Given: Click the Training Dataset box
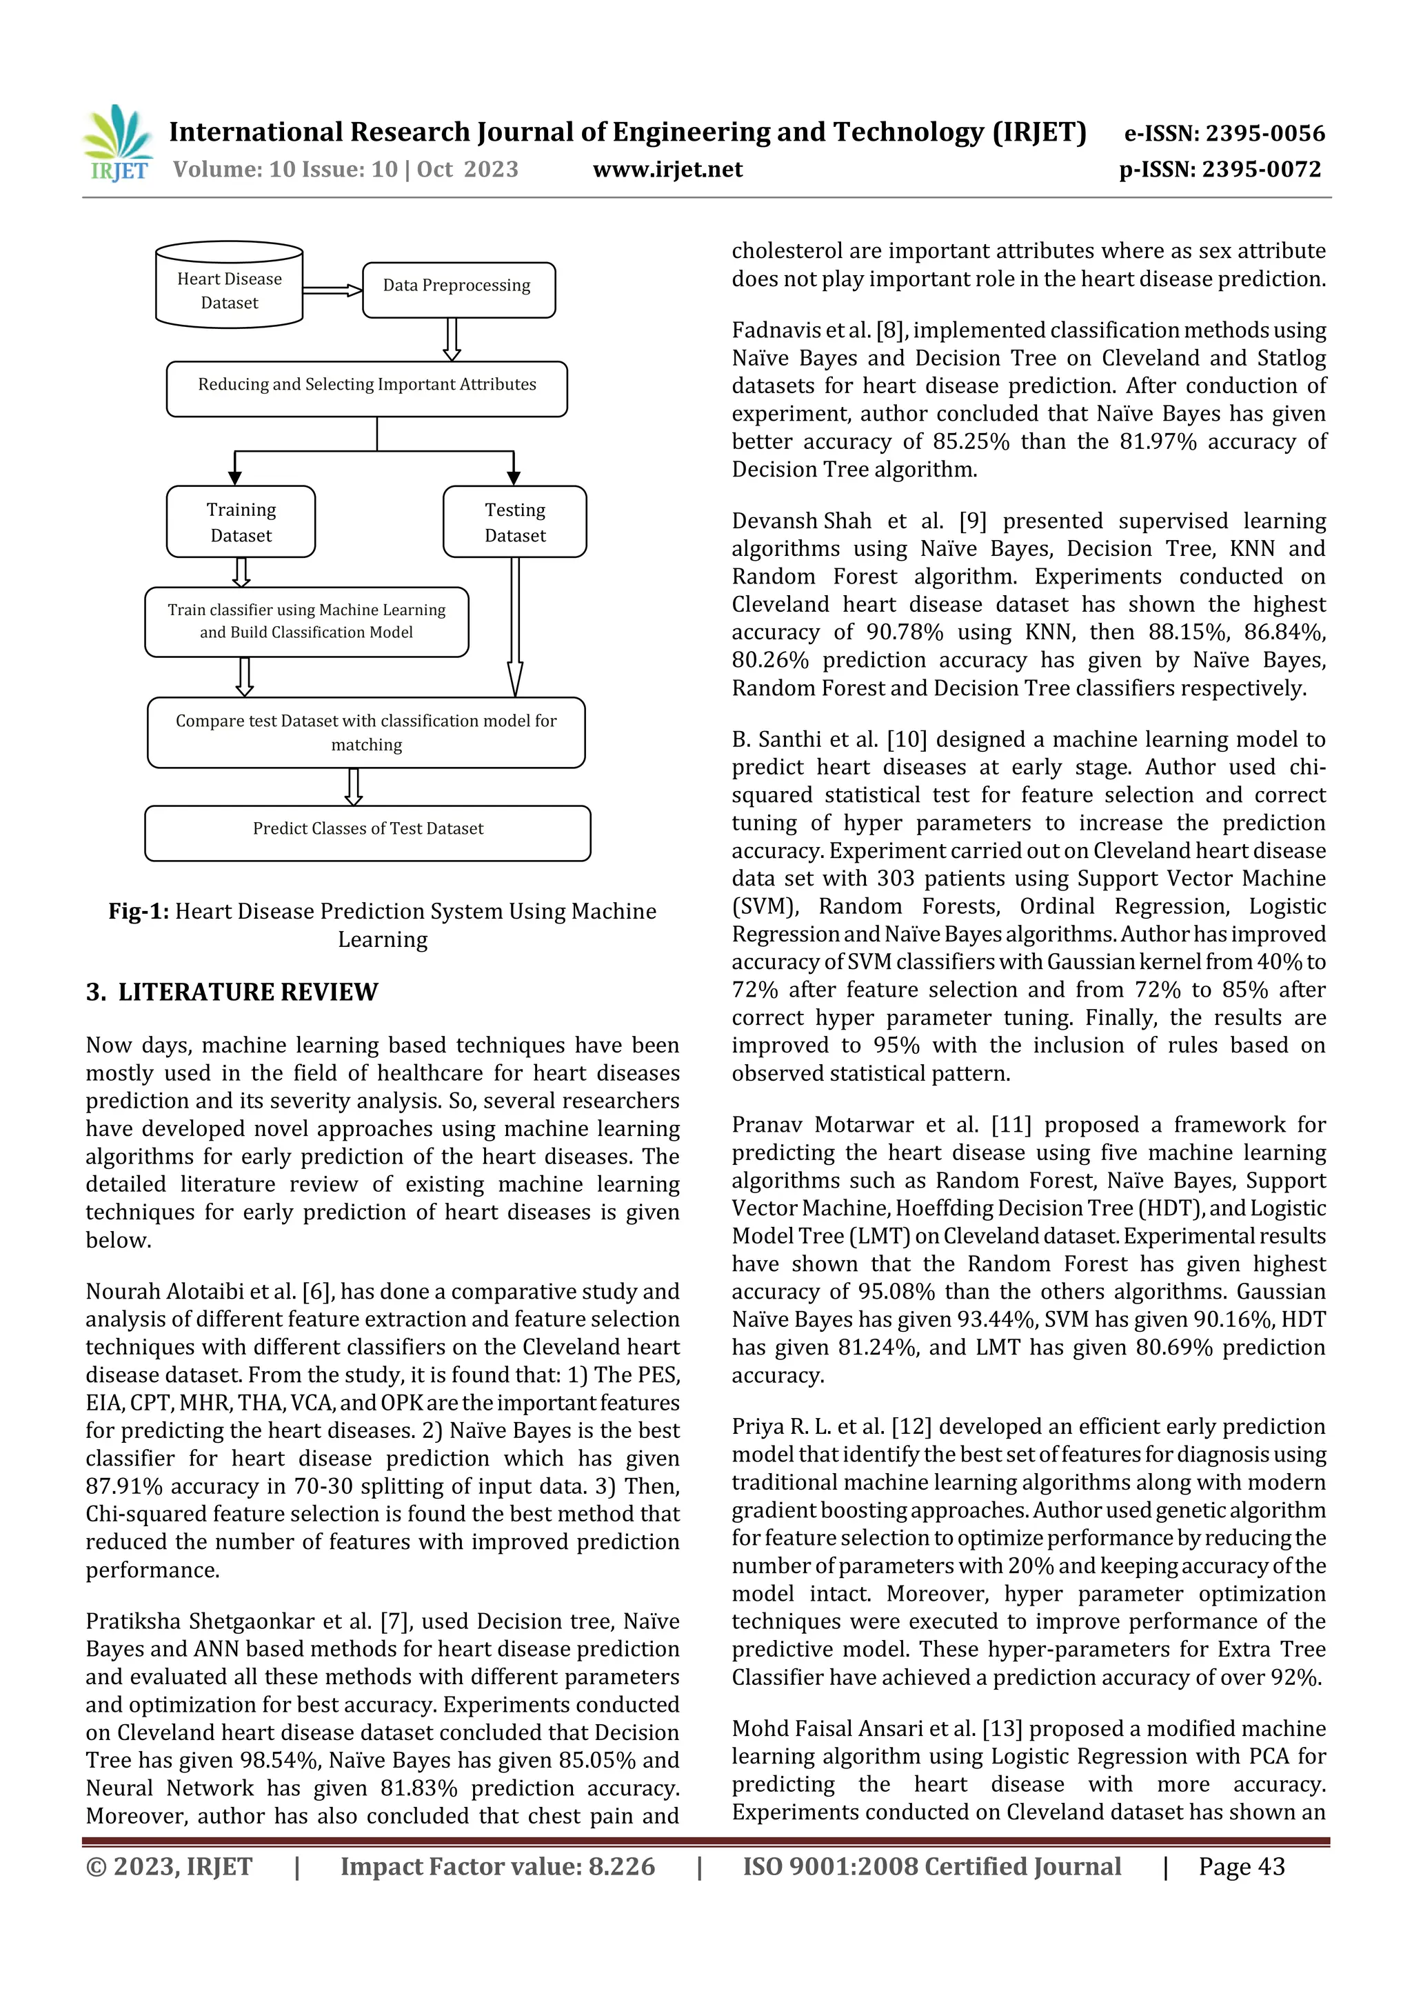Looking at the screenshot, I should click(x=241, y=522).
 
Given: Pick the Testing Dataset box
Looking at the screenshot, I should click(x=515, y=522).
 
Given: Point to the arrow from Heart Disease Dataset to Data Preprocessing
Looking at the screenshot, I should click(x=332, y=290).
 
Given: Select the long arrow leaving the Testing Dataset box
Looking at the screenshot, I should click(x=515, y=626).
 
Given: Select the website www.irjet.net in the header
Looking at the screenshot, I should click(x=667, y=170).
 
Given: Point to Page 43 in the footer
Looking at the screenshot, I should click(x=1242, y=1866).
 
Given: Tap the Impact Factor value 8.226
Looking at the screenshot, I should click(x=621, y=1866).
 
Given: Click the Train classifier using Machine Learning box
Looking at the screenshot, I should click(x=306, y=621).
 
